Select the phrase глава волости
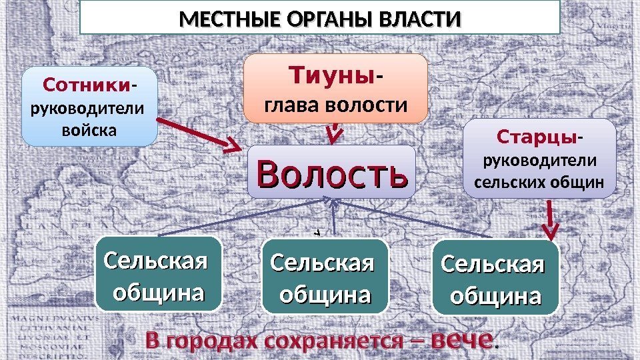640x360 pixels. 336,105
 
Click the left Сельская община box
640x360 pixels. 157,275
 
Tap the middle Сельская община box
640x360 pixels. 325,277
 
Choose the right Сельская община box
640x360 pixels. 493,277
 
